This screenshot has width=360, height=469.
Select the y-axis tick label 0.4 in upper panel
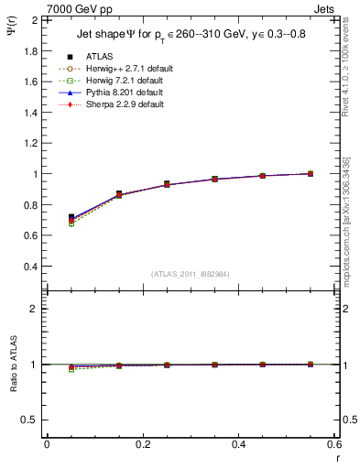(30, 267)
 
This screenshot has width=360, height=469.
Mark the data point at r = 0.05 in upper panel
(71, 218)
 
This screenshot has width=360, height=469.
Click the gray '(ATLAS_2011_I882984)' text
(191, 274)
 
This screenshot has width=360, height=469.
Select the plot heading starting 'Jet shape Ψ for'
(191, 36)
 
